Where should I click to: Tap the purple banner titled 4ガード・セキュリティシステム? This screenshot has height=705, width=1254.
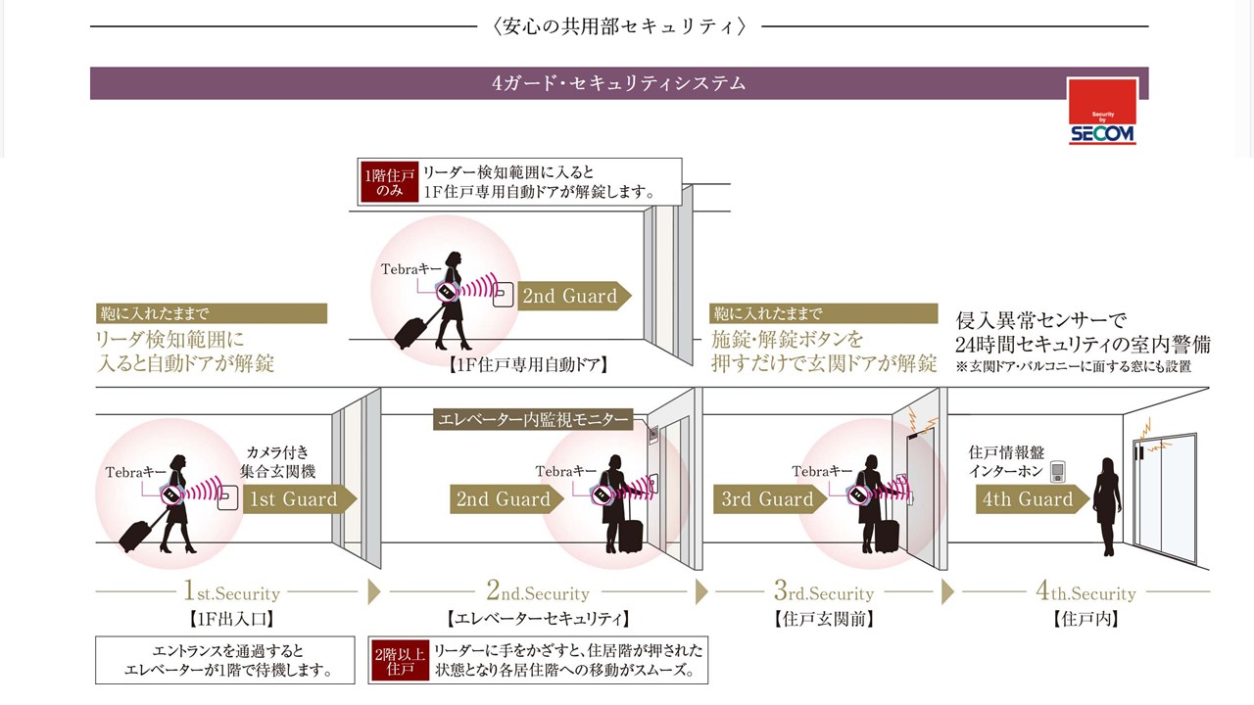coord(618,83)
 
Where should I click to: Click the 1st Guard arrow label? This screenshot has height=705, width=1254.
coord(293,499)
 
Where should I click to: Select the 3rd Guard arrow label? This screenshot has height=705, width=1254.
coord(767,499)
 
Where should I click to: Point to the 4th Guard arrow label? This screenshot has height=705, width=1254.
coord(1028,499)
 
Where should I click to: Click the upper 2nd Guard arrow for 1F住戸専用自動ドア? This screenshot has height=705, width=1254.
coord(569,297)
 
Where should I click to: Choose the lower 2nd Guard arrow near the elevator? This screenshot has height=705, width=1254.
coord(504,499)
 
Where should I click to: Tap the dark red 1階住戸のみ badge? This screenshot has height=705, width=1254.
coord(389,182)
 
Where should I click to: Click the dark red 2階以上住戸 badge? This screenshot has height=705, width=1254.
coord(400,661)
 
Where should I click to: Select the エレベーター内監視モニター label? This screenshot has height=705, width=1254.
coord(532,420)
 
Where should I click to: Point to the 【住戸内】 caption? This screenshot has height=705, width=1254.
coord(1085,619)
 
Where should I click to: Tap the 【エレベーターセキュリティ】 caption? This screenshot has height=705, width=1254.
coord(537,619)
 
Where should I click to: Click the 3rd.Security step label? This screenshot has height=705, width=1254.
coord(823,592)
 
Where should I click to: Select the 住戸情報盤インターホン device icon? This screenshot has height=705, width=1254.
coord(1057,473)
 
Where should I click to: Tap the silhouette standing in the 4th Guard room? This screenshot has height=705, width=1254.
coord(1107,505)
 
